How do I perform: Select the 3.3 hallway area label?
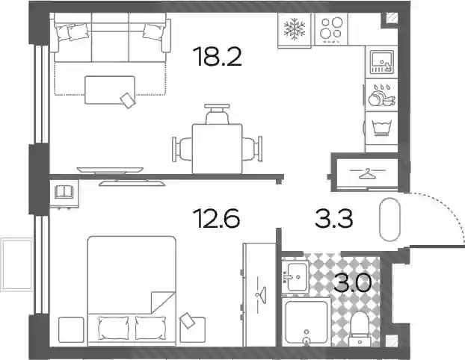[333, 218]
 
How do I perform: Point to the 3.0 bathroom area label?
[352, 282]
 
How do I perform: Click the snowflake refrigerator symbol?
[295, 29]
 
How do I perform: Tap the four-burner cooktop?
[331, 29]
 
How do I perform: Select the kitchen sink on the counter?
[382, 62]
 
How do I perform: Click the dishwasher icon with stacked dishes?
[382, 95]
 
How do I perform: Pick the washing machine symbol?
[382, 128]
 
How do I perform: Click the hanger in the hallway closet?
[368, 173]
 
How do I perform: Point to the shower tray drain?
[307, 341]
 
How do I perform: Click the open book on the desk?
[64, 192]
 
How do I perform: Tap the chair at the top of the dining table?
[217, 114]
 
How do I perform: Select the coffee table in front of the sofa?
[110, 90]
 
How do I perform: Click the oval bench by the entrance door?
[390, 220]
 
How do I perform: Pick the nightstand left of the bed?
[71, 330]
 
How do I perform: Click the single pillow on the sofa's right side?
[153, 31]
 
